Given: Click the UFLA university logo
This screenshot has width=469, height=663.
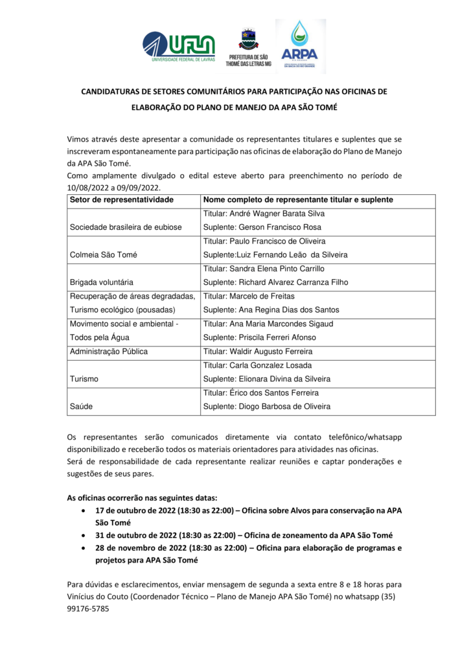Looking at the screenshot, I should pos(178,46).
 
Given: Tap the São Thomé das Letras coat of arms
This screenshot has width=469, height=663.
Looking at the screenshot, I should pos(248,39).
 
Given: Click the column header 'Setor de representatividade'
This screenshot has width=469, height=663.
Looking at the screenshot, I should pos(122,200).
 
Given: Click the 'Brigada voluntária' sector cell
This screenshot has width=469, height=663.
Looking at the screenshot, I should pos(101,282).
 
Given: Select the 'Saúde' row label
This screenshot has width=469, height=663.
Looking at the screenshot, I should pos(81,407).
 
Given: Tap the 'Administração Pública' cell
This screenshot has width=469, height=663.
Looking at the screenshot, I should pos(109,352).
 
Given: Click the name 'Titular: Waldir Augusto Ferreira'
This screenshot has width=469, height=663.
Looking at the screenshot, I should pos(258,352).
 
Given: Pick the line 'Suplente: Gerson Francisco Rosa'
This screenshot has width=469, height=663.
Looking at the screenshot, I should pos(262,227).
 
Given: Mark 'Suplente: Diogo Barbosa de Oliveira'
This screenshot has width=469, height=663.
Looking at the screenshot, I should pos(267,407).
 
